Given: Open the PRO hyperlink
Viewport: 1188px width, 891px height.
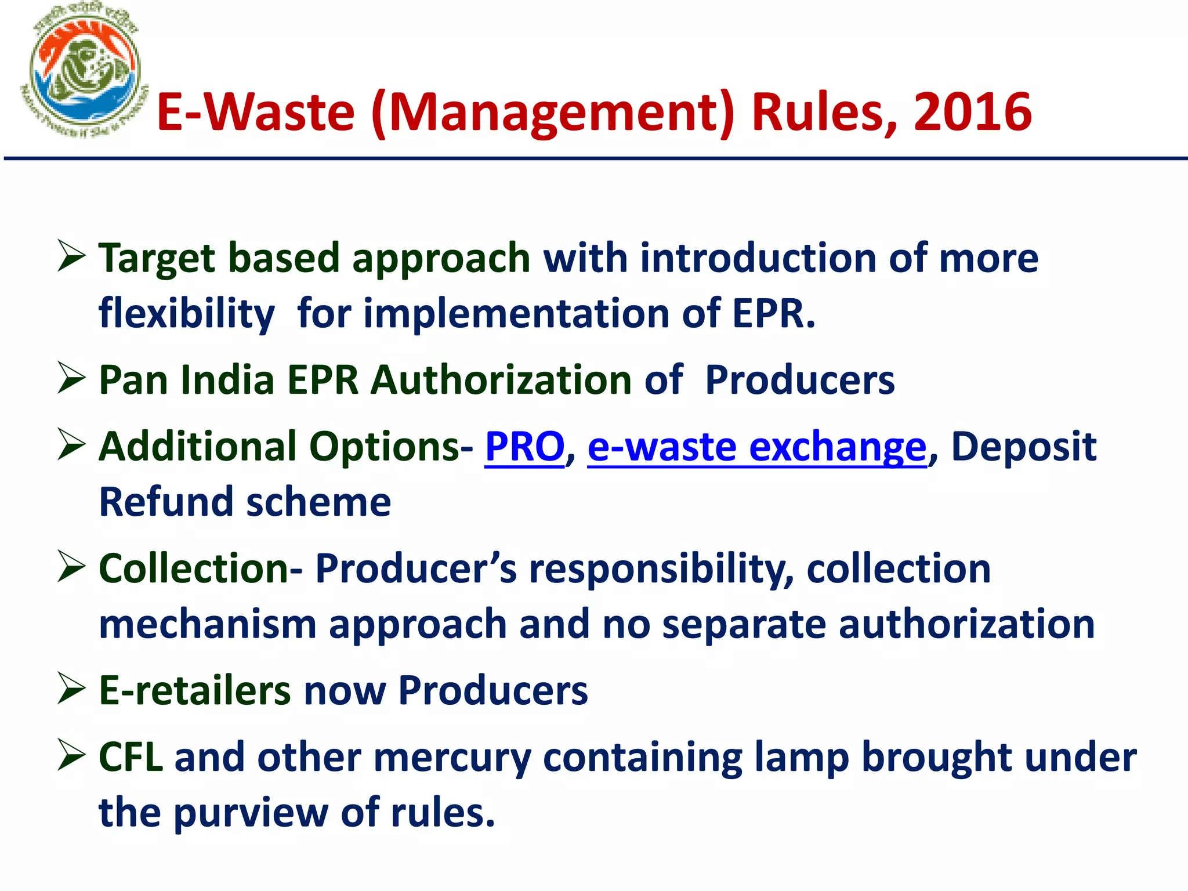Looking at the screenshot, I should click(x=524, y=447).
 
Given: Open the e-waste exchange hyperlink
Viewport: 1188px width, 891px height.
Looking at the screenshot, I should click(x=757, y=447).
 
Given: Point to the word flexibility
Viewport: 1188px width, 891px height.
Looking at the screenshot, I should click(x=186, y=314).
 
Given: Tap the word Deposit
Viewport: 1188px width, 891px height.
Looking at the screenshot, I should click(x=1024, y=447).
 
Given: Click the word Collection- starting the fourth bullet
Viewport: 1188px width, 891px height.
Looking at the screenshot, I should click(x=200, y=568).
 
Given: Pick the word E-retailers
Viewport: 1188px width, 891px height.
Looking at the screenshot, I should click(x=195, y=690).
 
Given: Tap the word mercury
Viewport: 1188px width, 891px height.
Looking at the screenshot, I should click(x=452, y=758).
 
